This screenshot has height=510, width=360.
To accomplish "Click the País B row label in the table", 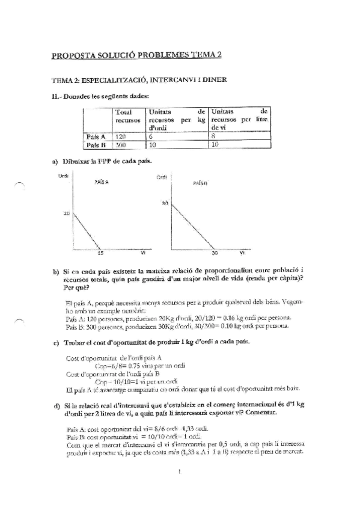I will coord(96,145).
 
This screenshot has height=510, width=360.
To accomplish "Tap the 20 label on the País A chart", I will coord(67,214).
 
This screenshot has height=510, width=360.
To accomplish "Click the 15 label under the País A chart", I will coord(100,253).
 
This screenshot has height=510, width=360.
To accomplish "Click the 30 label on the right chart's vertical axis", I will coord(163,203).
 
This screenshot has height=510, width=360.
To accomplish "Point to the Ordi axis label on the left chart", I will coord(63,175).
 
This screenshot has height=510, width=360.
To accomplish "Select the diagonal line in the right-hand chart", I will coord(192,226).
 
